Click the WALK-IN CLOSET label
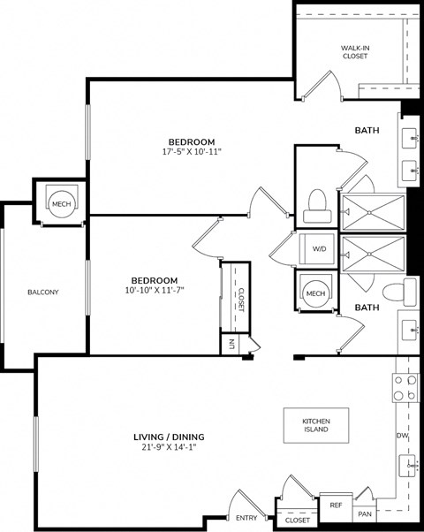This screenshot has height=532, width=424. [x=354, y=51]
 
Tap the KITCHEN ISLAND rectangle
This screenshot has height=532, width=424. [x=315, y=426]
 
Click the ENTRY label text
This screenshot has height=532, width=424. [x=246, y=519]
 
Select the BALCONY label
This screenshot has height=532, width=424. [x=42, y=292]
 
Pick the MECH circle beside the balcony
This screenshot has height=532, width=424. [x=60, y=204]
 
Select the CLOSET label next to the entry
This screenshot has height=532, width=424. [x=298, y=521]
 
